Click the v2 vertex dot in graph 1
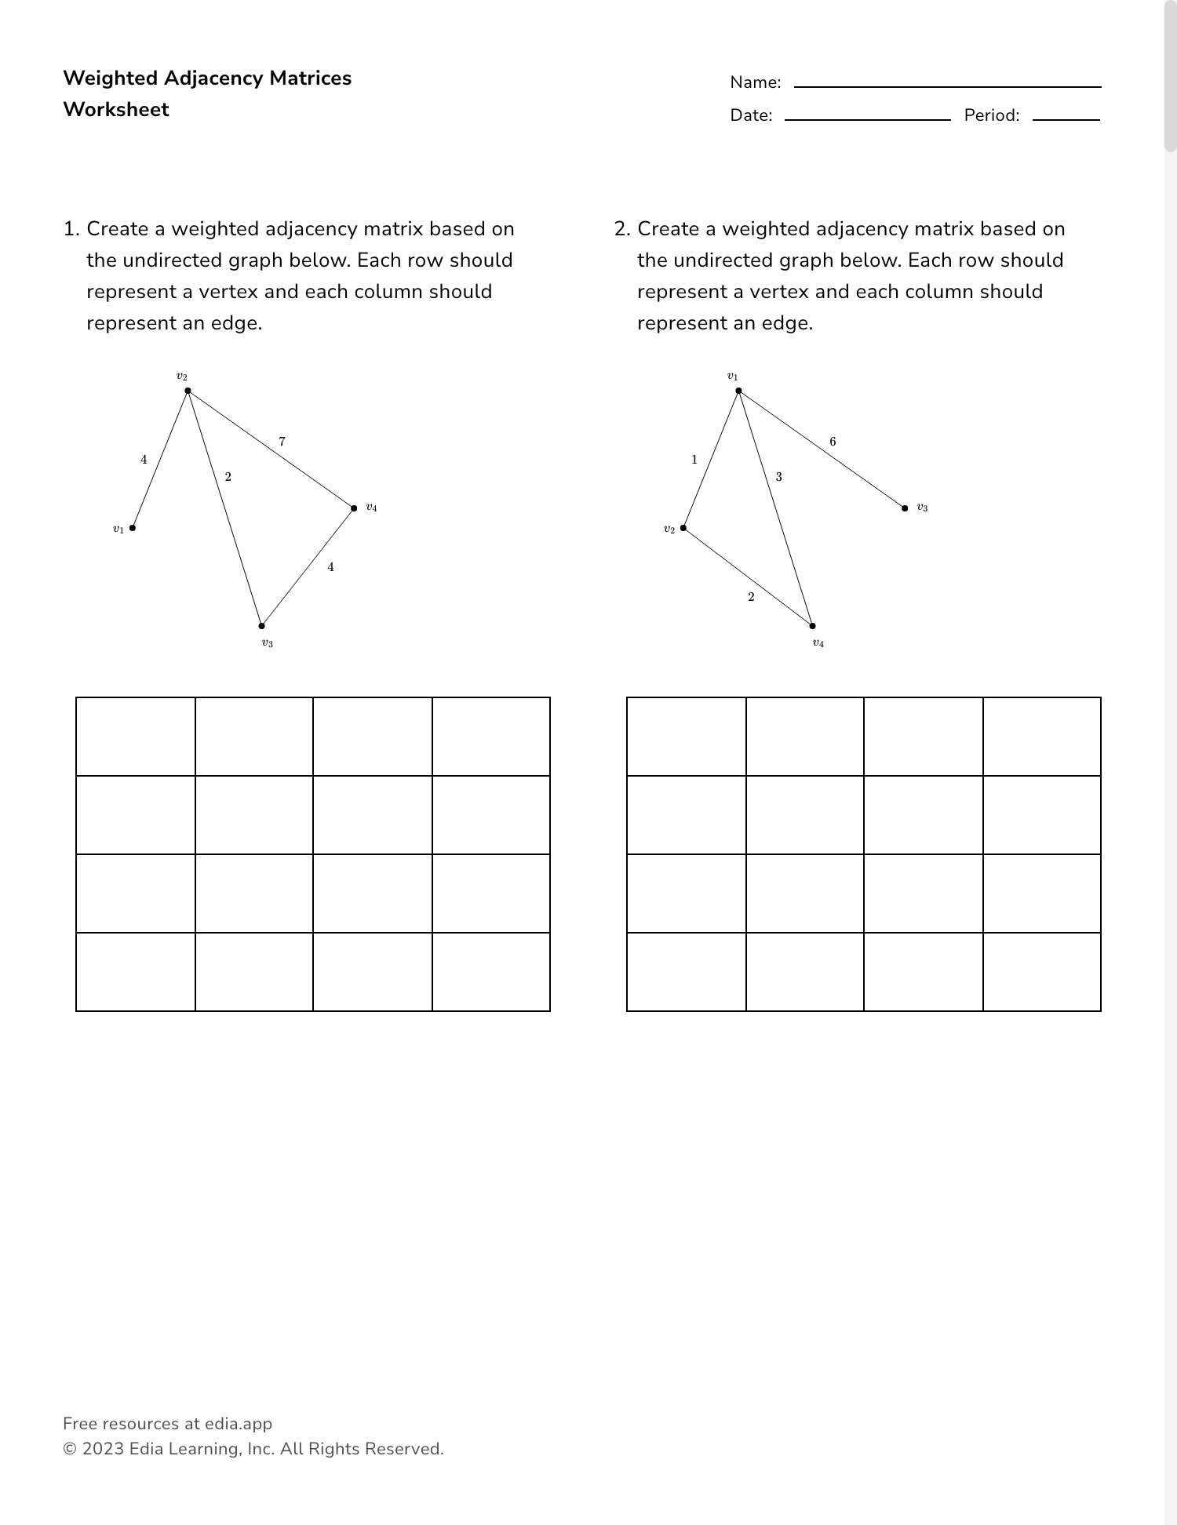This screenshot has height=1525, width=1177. click(x=188, y=391)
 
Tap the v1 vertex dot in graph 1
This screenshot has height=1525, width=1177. click(x=133, y=528)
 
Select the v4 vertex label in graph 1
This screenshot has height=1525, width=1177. click(x=371, y=508)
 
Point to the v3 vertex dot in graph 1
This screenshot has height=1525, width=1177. click(x=262, y=626)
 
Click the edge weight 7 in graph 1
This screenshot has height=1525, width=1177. click(x=282, y=442)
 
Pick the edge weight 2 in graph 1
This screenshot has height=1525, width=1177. click(x=228, y=476)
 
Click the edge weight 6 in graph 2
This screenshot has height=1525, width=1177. click(x=833, y=442)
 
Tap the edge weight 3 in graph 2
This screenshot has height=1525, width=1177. click(x=778, y=476)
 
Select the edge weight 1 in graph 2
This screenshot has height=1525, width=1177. click(x=694, y=459)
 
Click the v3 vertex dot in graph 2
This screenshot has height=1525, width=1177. click(x=905, y=508)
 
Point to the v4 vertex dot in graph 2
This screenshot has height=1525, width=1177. click(x=813, y=626)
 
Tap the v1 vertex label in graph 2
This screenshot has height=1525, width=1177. click(x=732, y=377)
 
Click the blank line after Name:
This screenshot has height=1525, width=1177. click(x=947, y=86)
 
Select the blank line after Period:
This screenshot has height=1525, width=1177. click(x=1066, y=118)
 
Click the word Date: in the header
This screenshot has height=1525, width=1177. click(x=751, y=115)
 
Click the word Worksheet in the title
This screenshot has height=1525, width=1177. click(x=116, y=109)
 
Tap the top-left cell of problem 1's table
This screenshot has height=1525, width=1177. click(x=136, y=737)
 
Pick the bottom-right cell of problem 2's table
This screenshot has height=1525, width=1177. click(x=1041, y=972)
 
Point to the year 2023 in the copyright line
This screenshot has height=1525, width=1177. click(x=103, y=1449)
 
